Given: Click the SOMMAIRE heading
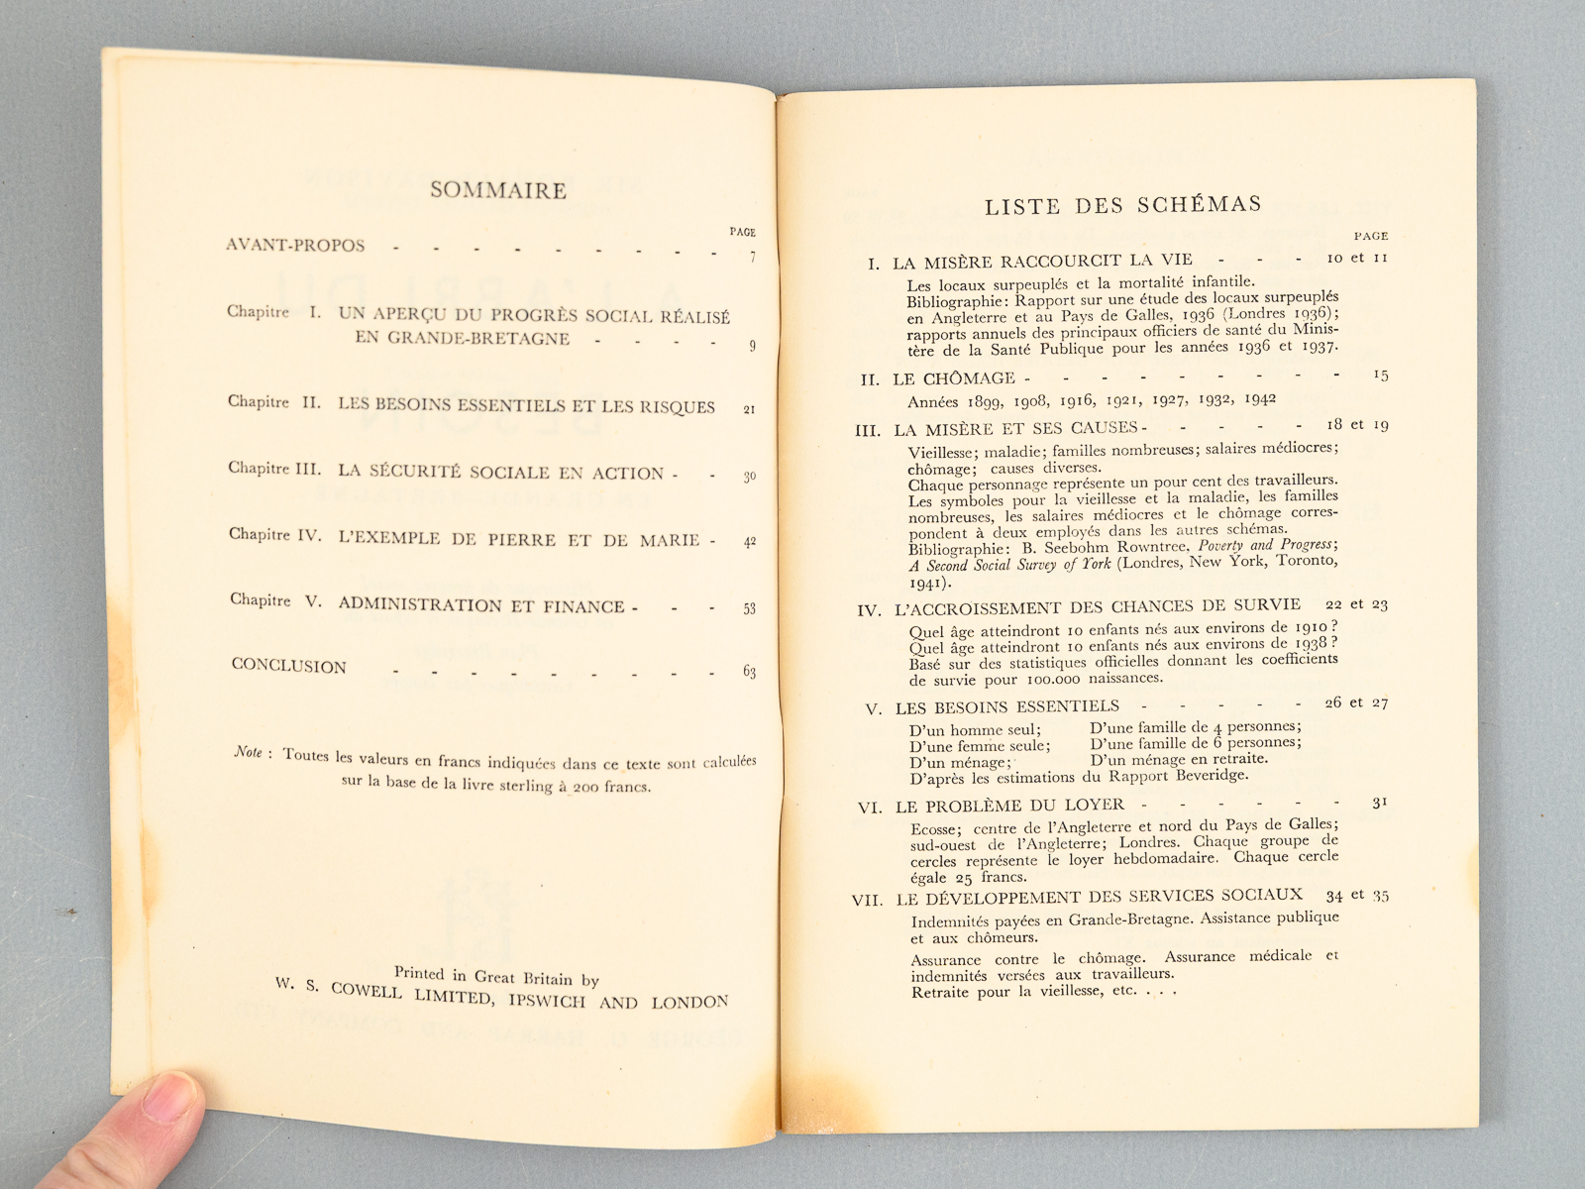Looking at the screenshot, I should pos(498,190).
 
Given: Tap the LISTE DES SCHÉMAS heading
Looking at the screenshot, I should pos(1123,205).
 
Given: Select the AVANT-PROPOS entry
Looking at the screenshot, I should pos(295,245).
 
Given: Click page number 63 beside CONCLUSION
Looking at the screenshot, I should pos(749,672).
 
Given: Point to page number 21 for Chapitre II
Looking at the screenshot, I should pos(749,408).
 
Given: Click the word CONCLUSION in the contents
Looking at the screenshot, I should pos(289,666).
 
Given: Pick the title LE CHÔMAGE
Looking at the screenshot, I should pos(954,378).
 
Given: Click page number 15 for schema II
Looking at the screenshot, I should pos(1381,375).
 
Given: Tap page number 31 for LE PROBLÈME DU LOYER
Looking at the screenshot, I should pos(1380,803).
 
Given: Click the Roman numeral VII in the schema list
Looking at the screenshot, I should pos(867,901).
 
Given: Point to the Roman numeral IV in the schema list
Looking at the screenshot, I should pos(869,610).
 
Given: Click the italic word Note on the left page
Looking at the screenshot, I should pos(249,752).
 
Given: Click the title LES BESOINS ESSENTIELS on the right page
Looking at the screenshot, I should pos(1006,706).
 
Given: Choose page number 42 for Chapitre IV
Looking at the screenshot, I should pos(749,542).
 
